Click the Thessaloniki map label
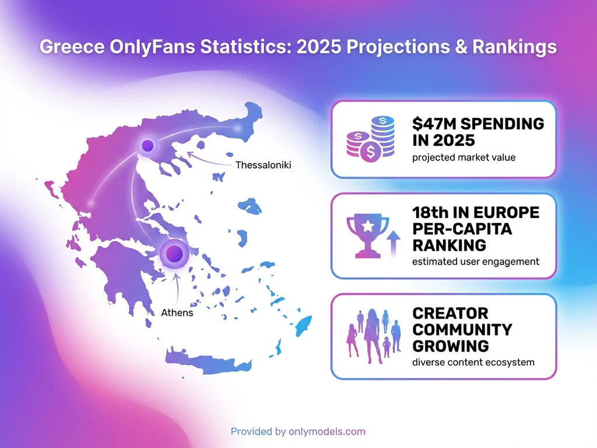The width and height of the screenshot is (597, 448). pos(263,165)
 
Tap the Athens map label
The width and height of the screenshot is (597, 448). pos(177,313)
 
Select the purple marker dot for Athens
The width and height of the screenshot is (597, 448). pos(174,253)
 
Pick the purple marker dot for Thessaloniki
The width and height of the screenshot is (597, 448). pos(148,145)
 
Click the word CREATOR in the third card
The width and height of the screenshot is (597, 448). pos(450,313)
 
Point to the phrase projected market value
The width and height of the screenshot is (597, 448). pos(463,157)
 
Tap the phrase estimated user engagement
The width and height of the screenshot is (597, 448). pos(475,261)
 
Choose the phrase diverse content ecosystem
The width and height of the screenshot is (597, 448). pos(473,362)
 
